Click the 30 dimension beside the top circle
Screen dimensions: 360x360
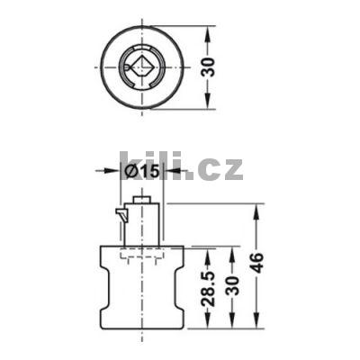(x=210, y=67)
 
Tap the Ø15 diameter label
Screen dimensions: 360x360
(x=141, y=171)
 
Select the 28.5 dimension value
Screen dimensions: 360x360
(x=210, y=289)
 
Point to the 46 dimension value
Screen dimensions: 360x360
(x=257, y=263)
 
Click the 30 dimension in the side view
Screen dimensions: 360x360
(x=234, y=285)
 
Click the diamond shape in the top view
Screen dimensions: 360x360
(x=141, y=67)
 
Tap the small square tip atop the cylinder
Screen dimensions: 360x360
(x=142, y=200)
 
